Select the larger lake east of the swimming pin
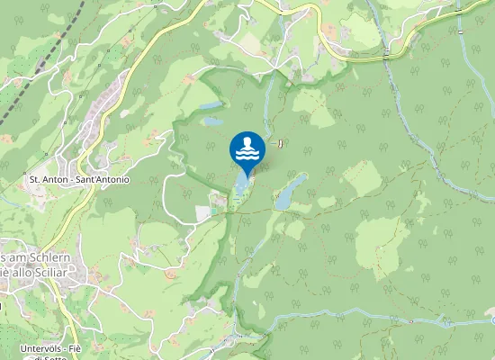289,191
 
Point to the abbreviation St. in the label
37,179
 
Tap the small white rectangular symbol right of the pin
280,142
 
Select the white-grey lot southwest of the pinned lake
202,213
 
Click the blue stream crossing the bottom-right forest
378,320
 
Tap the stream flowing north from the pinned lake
268,99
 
